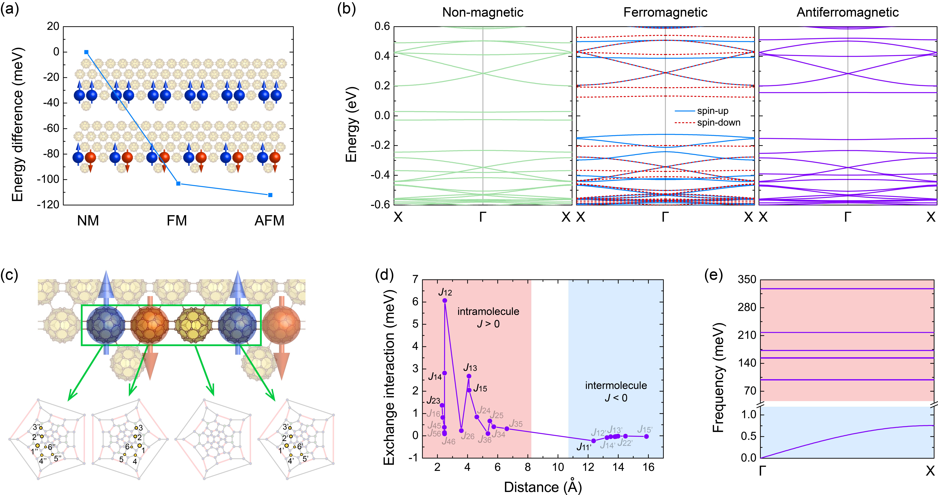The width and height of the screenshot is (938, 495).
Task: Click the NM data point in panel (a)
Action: point(86,52)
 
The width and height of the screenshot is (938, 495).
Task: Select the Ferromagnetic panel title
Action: point(665,12)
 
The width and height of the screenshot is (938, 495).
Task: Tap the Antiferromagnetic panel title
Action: point(848,12)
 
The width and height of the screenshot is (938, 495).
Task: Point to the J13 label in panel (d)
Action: point(470,367)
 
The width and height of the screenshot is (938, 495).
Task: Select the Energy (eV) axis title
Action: point(351,124)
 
